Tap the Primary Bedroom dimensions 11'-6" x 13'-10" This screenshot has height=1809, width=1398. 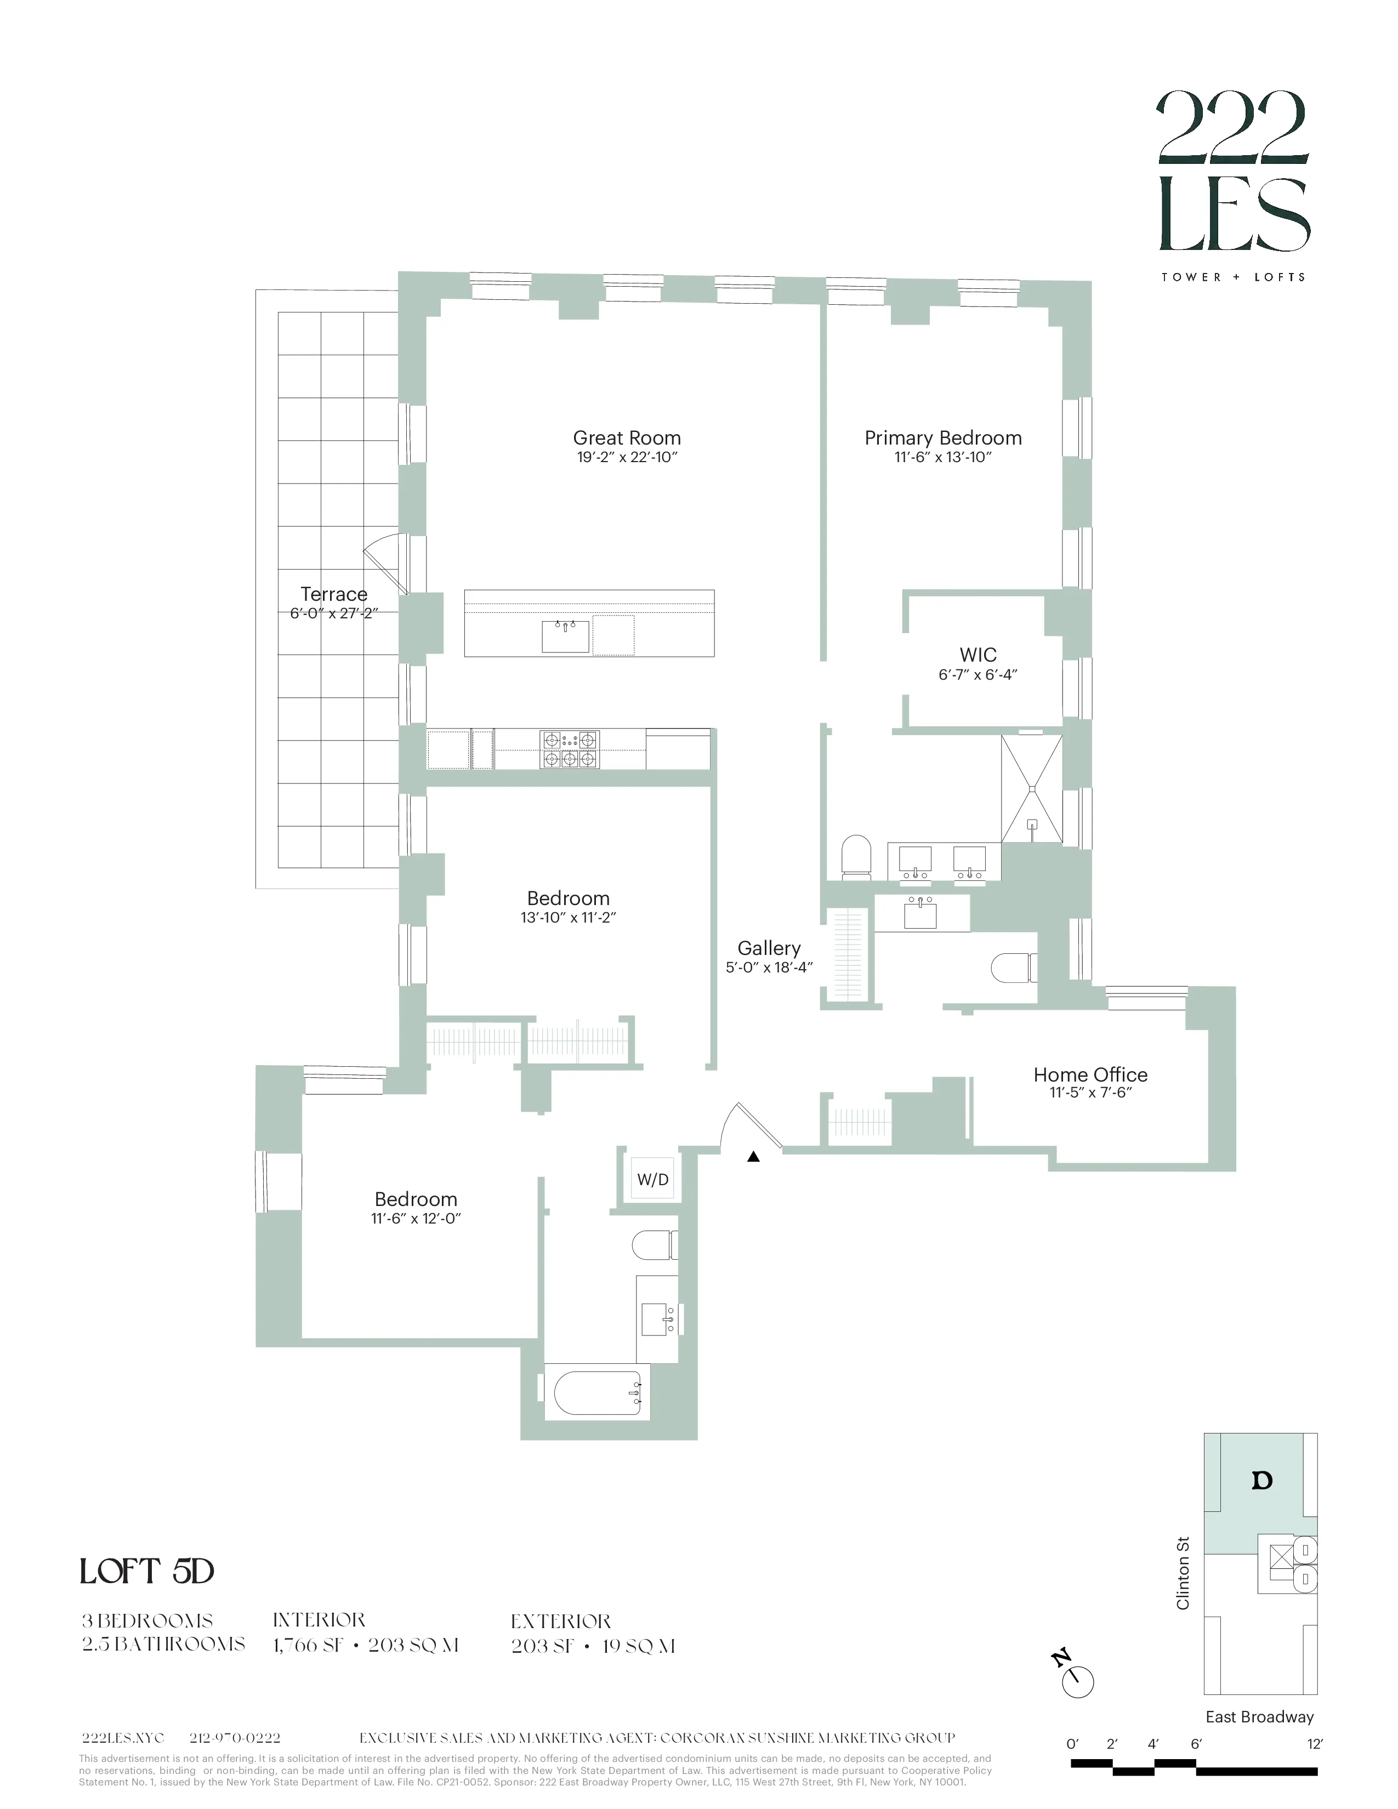coord(942,457)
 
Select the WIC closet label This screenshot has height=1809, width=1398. coord(978,655)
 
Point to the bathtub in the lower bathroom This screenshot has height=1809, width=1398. coord(596,1394)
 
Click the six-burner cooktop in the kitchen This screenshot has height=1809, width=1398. coord(569,749)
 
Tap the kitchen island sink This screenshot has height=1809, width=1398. coord(565,636)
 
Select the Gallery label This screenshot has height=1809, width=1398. coord(769,948)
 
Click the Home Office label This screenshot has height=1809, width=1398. coord(1090,1074)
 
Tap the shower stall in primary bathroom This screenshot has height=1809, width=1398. coord(1031,788)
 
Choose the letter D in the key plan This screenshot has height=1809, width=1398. coord(1261,1480)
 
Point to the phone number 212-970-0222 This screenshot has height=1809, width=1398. coord(235,1738)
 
